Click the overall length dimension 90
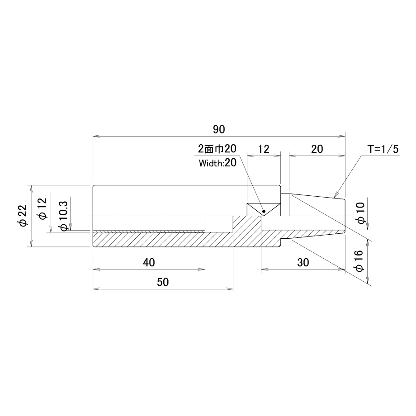coord(219,129)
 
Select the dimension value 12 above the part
coord(264,149)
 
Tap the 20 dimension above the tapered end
coord(317,149)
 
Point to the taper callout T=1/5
coord(383,149)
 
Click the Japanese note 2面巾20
coord(217,149)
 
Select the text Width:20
coord(217,163)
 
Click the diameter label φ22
coord(23,215)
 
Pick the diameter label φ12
coord(42,209)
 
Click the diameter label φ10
coord(361,213)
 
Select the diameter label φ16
coord(359,261)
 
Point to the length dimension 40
coord(149,262)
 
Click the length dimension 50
coord(163,282)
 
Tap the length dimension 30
coord(303,262)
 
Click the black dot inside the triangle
coord(264,211)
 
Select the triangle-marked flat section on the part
coord(264,210)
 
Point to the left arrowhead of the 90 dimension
coord(95,137)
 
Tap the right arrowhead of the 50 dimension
coord(230,289)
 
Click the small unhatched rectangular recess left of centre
coord(219,224)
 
